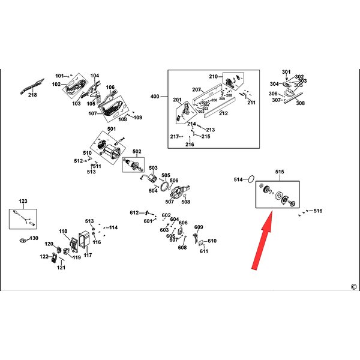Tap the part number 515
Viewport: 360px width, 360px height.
(x=280, y=172)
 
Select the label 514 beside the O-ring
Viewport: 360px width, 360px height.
(x=238, y=179)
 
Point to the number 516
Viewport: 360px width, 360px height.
(x=318, y=211)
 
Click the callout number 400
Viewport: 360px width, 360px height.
(x=155, y=97)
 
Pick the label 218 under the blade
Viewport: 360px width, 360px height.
(x=32, y=95)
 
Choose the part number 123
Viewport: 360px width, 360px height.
(x=23, y=201)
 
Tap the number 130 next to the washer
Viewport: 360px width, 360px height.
(x=34, y=238)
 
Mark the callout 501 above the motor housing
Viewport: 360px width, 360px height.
(x=112, y=129)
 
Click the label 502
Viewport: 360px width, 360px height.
(x=137, y=151)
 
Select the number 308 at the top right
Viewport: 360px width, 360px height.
(x=300, y=103)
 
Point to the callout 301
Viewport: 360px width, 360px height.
(x=286, y=73)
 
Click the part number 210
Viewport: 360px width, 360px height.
(x=212, y=77)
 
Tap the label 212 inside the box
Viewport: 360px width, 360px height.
(x=223, y=113)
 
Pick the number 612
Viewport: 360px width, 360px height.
(x=134, y=213)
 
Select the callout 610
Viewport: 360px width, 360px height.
(x=212, y=241)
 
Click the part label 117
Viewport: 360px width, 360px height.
(x=88, y=255)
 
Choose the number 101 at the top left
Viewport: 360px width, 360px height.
(x=59, y=76)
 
